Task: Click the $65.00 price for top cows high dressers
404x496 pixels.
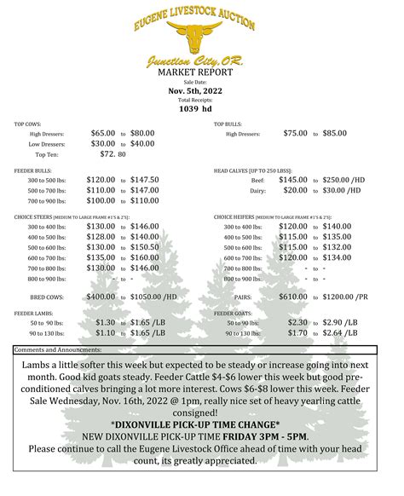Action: click(103, 133)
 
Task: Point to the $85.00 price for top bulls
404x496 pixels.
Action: click(333, 133)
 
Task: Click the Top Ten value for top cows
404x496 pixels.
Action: click(113, 154)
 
